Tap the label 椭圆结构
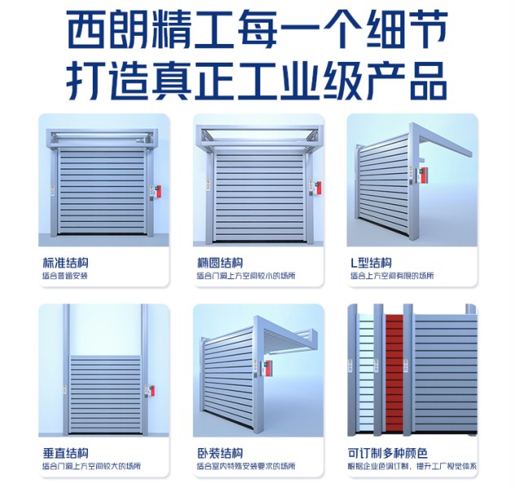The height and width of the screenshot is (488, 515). [220, 263]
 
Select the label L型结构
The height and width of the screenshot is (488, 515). [371, 263]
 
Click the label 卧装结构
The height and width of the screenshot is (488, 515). [220, 452]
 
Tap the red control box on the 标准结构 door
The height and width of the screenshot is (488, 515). [156, 193]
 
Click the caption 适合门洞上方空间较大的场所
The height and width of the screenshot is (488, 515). [90, 466]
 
